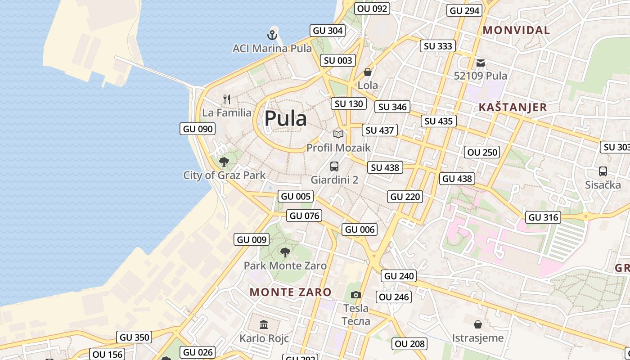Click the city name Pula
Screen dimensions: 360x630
[x=286, y=118]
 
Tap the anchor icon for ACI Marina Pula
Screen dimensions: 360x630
[x=272, y=35]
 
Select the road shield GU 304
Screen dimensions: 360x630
[x=328, y=31]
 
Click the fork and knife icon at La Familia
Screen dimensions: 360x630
[x=227, y=99]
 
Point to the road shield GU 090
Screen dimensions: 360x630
[x=197, y=129]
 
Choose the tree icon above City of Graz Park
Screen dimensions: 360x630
[x=224, y=162]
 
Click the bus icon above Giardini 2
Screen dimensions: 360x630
[x=334, y=166]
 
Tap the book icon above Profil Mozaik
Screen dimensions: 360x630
[x=338, y=134]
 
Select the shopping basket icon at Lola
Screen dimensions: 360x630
[x=368, y=72]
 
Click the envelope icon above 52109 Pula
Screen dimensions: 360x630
[x=481, y=63]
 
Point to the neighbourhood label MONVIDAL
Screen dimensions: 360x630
[x=516, y=30]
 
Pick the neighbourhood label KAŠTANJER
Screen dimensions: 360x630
[x=513, y=107]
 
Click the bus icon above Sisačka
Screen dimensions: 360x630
[x=603, y=171]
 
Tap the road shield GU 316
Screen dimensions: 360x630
[x=543, y=217]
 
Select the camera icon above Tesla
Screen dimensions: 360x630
[x=356, y=295]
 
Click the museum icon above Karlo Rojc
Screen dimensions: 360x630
[x=264, y=324]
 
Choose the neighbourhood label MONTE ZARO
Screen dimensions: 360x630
[x=291, y=292]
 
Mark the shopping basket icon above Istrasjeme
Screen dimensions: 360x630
[x=478, y=324]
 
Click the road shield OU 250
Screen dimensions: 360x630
[x=482, y=152]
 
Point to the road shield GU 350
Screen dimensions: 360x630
[x=135, y=337]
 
